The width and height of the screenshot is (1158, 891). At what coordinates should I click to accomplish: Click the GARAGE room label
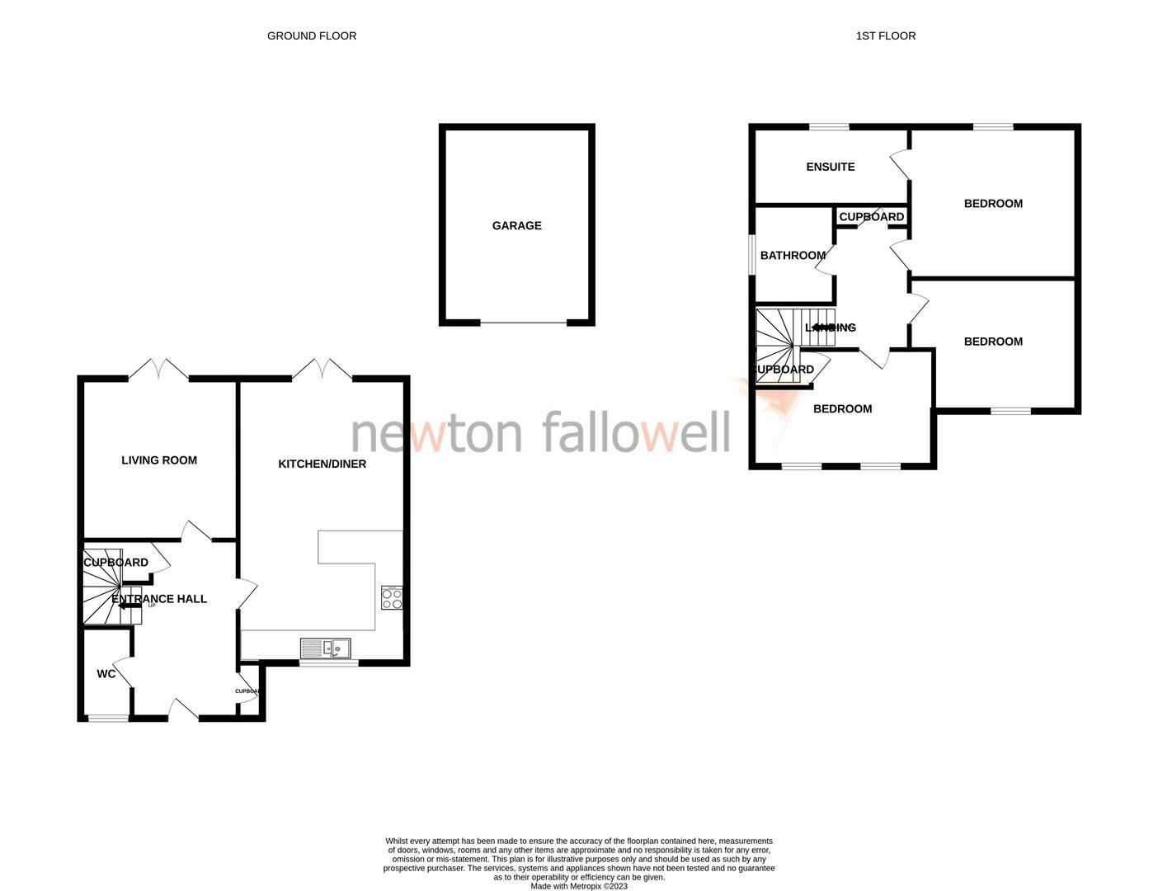coord(517,225)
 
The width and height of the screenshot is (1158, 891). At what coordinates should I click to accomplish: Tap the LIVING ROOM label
coord(159,460)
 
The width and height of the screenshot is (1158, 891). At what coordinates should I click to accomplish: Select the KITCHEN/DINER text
coord(322,464)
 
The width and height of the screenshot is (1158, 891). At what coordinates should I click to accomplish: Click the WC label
coord(106,674)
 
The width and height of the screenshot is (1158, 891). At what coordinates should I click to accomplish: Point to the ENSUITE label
coord(831,167)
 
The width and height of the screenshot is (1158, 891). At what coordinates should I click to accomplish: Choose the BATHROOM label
coord(793,256)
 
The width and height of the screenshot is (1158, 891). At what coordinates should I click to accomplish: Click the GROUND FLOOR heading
coord(312,35)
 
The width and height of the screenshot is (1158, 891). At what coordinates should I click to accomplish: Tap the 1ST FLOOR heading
coord(886,35)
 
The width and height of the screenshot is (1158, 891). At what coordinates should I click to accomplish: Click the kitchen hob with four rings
coord(392,597)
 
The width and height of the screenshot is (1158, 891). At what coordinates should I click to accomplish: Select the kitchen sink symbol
coord(326,648)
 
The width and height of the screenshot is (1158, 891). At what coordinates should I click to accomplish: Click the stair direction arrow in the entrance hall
coord(129,606)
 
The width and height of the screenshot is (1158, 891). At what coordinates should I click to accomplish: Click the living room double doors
coord(158,370)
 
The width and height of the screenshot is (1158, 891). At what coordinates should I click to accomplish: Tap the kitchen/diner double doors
coord(322,370)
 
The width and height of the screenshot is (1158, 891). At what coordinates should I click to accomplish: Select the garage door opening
coord(523,323)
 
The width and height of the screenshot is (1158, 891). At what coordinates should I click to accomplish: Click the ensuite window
coord(829,126)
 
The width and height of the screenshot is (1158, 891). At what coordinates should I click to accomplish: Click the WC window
coord(109,719)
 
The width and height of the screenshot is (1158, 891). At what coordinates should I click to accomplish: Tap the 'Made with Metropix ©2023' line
coord(579,886)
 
